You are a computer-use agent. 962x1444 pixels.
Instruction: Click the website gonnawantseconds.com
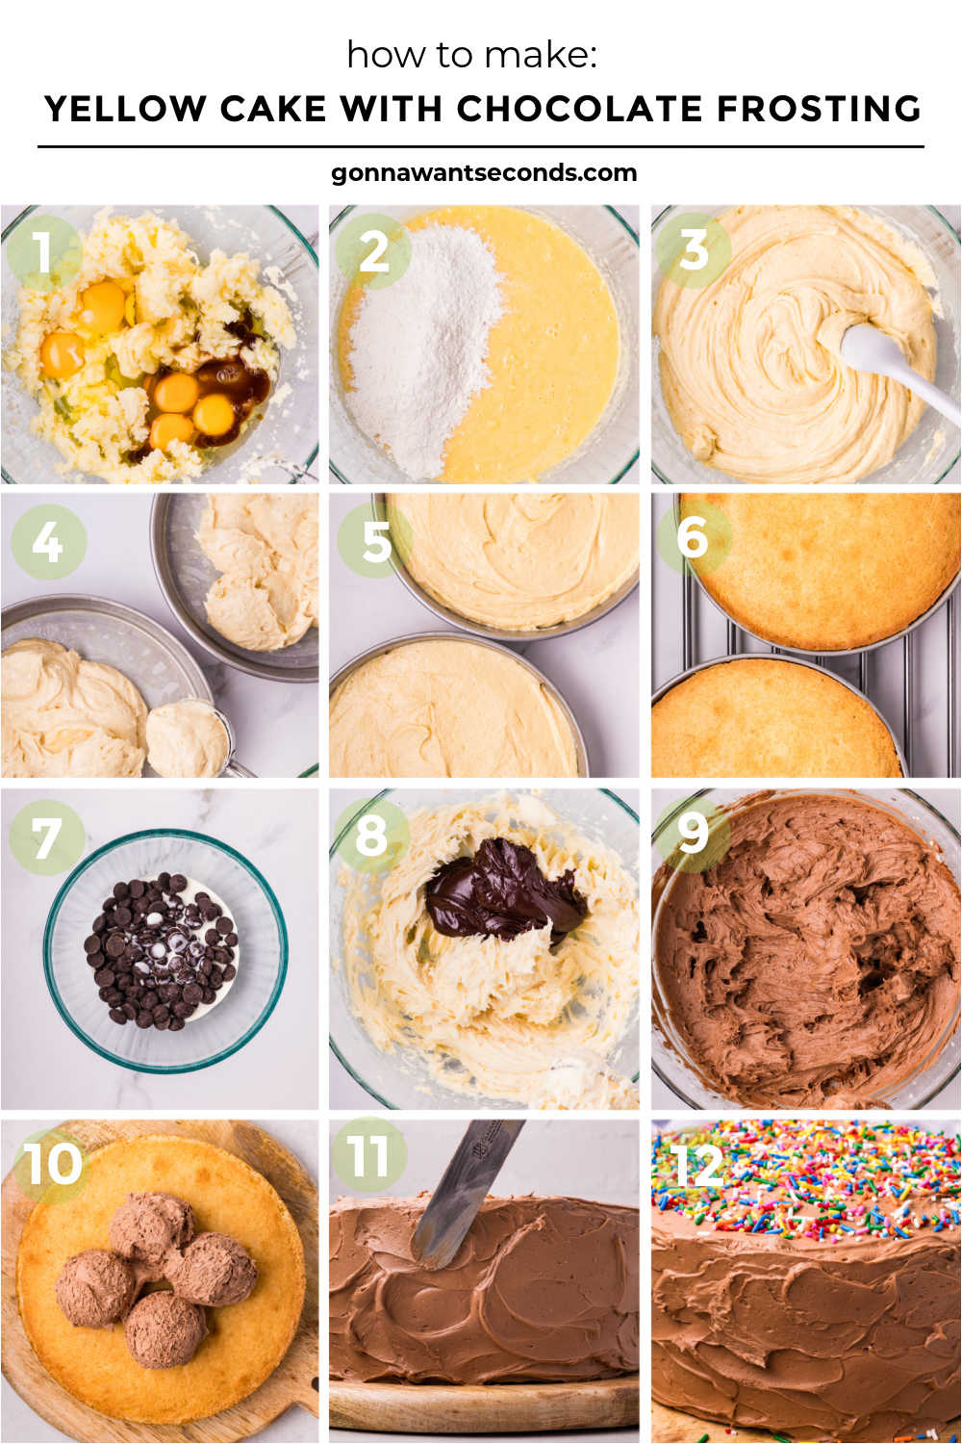[x=483, y=173]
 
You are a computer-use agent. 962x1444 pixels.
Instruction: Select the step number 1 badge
[x=43, y=252]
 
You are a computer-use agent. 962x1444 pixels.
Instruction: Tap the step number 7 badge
[x=46, y=838]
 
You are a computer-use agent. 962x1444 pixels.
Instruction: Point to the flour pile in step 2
[x=423, y=347]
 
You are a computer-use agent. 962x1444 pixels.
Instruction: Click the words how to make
[x=471, y=55]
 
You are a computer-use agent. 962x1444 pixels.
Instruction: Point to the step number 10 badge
[x=53, y=1165]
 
